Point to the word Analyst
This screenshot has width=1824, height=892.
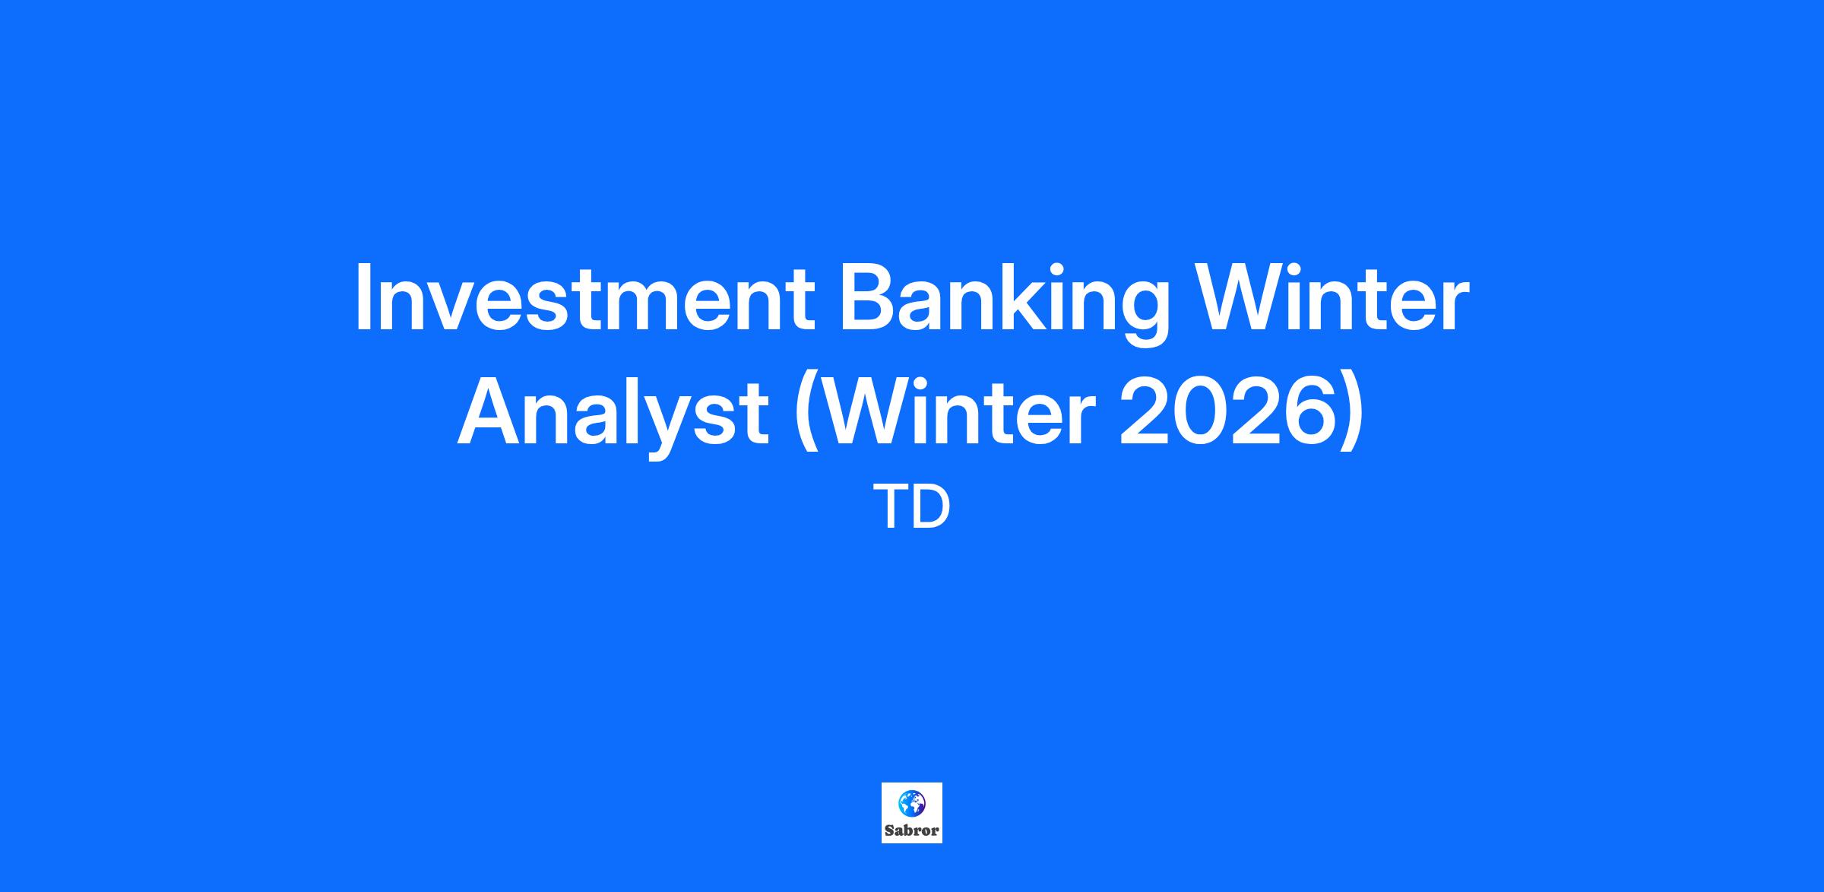click(613, 416)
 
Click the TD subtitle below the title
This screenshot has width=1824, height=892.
click(912, 508)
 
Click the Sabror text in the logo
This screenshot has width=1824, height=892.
click(912, 830)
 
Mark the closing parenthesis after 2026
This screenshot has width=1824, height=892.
click(1354, 417)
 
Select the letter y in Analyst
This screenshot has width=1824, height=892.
click(662, 429)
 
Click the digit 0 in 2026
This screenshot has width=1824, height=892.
click(1201, 411)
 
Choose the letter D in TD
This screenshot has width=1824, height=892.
click(933, 508)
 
